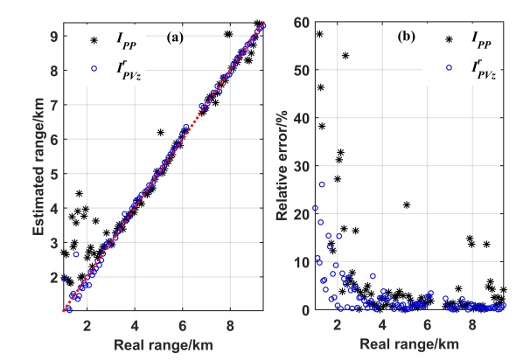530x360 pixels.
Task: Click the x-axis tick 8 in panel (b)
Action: point(472,323)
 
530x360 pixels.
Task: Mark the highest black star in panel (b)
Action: point(319,34)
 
